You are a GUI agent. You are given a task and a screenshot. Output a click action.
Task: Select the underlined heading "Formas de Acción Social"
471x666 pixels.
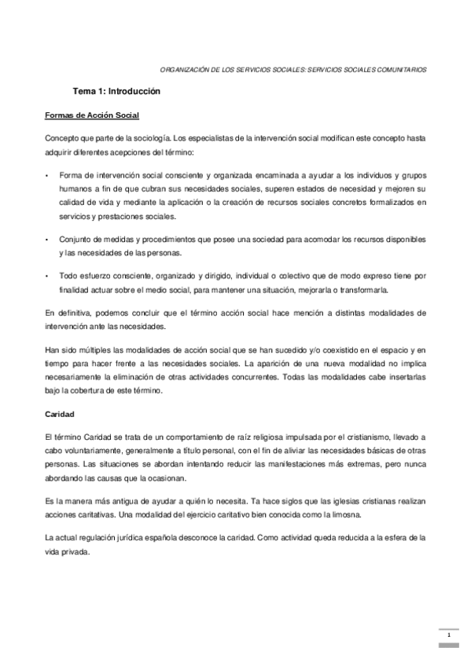point(91,116)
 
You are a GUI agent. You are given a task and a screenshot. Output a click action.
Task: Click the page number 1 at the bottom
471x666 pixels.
point(447,635)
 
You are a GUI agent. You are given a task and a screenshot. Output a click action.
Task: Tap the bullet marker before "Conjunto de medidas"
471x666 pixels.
point(48,239)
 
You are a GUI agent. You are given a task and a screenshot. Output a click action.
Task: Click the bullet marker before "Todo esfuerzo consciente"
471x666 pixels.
point(48,276)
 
